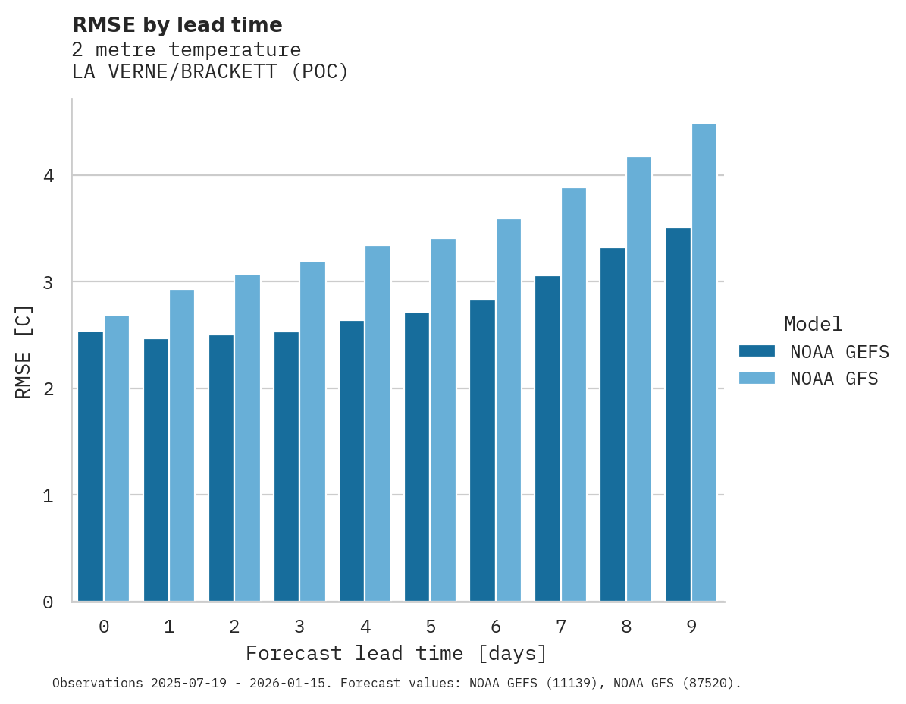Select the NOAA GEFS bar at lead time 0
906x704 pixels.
click(x=90, y=467)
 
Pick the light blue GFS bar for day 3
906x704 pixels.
click(x=312, y=432)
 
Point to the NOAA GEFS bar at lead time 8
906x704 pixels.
click(x=613, y=425)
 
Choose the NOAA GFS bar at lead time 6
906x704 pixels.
click(x=508, y=410)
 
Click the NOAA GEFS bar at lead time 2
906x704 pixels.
click(x=221, y=468)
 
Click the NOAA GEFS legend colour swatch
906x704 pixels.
click(x=757, y=351)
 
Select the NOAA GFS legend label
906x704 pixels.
click(x=834, y=379)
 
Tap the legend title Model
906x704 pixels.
click(x=813, y=325)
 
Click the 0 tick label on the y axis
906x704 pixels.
click(x=47, y=602)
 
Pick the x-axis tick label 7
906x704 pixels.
click(x=561, y=627)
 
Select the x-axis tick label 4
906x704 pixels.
click(x=365, y=627)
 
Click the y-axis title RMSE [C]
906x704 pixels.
click(x=24, y=351)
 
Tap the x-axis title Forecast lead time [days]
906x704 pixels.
click(x=396, y=654)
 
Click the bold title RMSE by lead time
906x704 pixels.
click(x=177, y=25)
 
